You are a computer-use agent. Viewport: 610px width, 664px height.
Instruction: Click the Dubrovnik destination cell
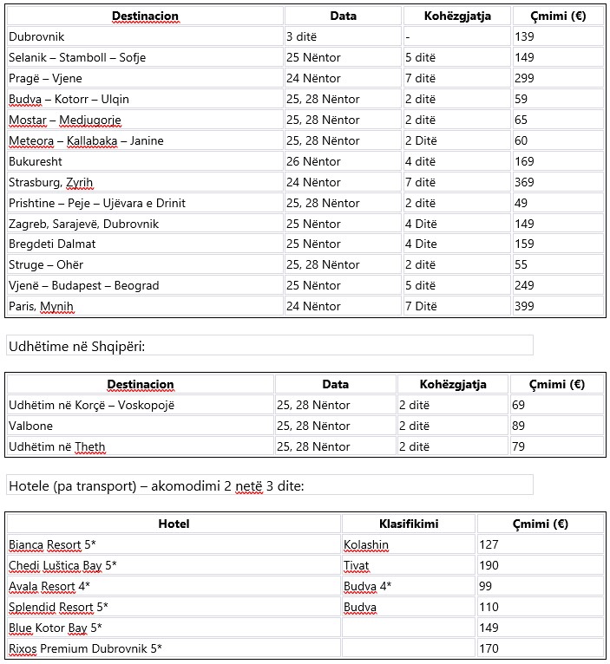[x=36, y=36]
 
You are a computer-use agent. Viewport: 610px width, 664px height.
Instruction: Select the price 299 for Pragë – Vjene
[x=525, y=78]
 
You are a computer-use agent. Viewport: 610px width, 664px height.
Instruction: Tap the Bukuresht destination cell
[x=36, y=161]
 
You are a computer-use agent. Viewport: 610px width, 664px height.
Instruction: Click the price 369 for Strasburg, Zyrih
[x=525, y=182]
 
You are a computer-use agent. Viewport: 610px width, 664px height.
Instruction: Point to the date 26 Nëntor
[x=313, y=161]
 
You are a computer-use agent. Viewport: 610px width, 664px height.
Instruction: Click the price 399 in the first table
[x=525, y=306]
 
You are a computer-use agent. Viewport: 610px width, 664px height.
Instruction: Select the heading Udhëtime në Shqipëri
[x=76, y=347]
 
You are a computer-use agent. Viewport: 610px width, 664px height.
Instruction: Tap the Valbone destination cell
[x=30, y=426]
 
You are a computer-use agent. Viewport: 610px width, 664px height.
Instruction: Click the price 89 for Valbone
[x=519, y=426]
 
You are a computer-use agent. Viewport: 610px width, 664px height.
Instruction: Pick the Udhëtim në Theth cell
[x=57, y=446]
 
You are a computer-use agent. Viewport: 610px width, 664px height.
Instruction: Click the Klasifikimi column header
[x=408, y=524]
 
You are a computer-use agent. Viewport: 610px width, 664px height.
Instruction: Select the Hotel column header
[x=174, y=524]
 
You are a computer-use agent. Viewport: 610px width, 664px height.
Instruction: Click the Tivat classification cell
[x=357, y=566]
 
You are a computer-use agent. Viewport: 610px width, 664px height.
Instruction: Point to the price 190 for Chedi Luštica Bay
[x=489, y=566]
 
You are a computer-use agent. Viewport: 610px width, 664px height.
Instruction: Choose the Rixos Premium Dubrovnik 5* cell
[x=85, y=648]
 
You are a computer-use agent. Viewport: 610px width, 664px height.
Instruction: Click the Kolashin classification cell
[x=366, y=545]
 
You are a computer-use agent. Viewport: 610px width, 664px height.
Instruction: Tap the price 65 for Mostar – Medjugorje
[x=521, y=120]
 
